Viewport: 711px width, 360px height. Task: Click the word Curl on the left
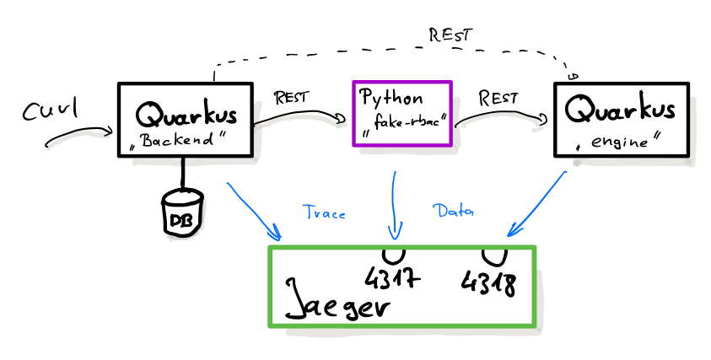[50, 110]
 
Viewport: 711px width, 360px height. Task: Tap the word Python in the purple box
[391, 96]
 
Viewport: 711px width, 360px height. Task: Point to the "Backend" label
[181, 141]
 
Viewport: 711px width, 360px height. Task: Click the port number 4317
[392, 277]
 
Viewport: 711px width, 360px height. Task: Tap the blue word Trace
[324, 213]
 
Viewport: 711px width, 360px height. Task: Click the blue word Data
[454, 212]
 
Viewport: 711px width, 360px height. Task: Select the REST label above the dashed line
[450, 35]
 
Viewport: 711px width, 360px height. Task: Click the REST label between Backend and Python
[291, 96]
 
